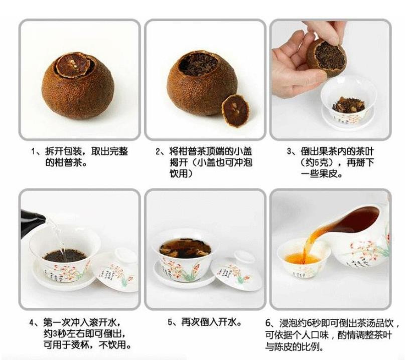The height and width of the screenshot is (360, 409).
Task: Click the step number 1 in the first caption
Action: pyautogui.click(x=33, y=151)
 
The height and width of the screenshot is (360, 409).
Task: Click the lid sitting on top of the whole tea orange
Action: pyautogui.click(x=74, y=64)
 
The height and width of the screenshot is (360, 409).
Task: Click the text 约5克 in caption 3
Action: pyautogui.click(x=319, y=163)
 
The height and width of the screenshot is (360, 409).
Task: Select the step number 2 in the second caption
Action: pyautogui.click(x=158, y=151)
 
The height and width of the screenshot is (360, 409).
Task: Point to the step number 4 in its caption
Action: pyautogui.click(x=32, y=323)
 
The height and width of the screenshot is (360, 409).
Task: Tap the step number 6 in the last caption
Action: pyautogui.click(x=268, y=323)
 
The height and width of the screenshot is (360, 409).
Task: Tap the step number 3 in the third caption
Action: pyautogui.click(x=290, y=151)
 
